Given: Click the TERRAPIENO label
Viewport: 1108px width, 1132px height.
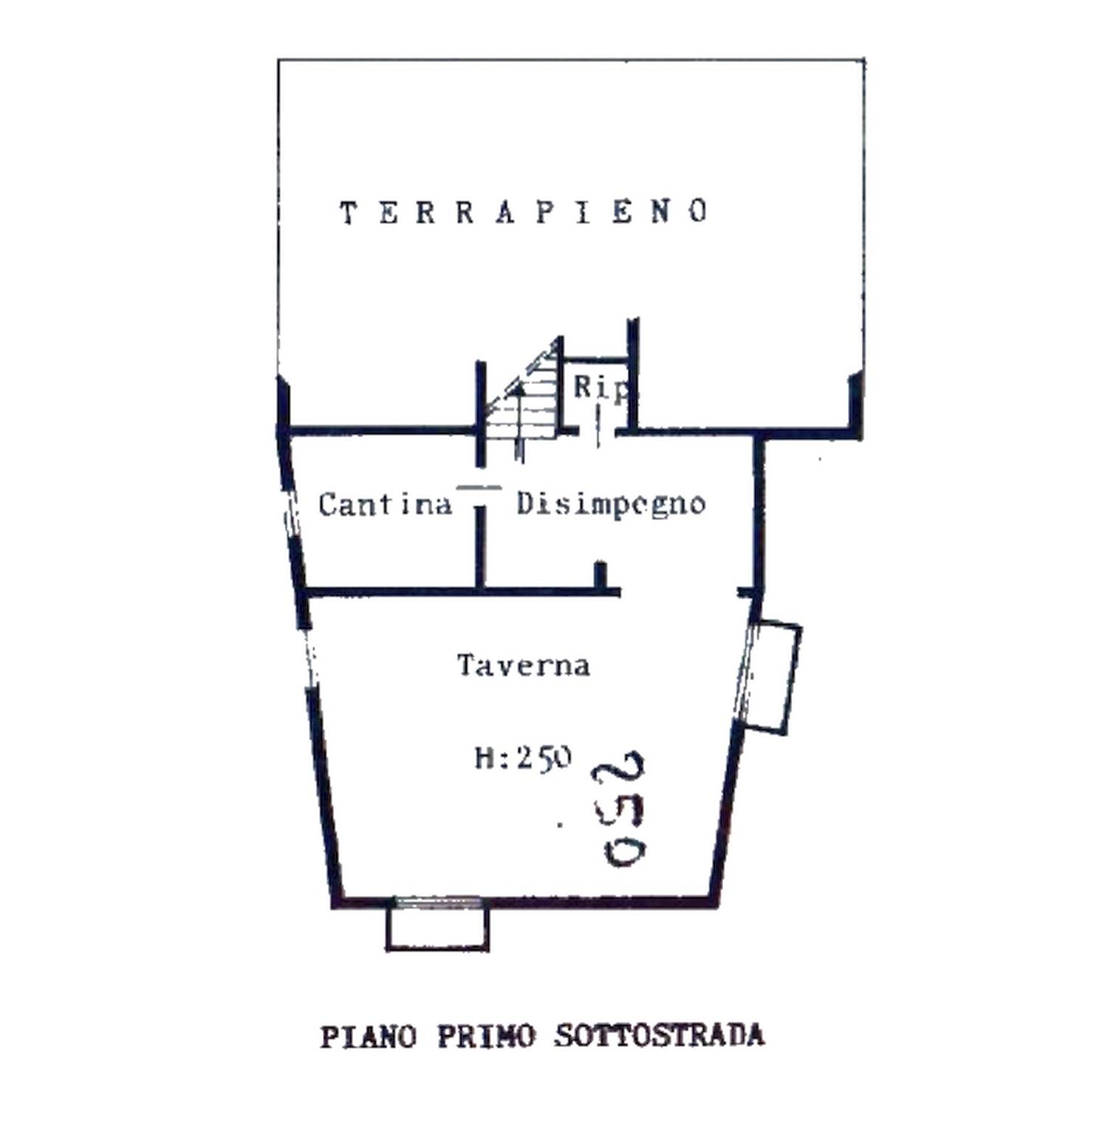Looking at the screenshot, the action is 524,213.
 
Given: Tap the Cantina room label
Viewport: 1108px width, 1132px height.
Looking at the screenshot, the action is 385,504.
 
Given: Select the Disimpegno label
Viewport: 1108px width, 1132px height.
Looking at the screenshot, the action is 611,504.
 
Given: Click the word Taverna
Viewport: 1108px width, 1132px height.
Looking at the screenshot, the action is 524,665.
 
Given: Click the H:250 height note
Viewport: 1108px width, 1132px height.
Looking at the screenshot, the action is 523,758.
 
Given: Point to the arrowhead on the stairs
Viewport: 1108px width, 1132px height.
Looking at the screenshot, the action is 519,388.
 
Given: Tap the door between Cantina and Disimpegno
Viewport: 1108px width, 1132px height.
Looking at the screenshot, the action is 479,487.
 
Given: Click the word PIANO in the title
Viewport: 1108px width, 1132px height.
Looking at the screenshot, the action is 369,1037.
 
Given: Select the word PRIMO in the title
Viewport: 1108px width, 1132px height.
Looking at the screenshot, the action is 486,1036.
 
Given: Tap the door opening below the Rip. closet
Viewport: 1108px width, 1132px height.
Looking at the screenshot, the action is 599,431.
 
